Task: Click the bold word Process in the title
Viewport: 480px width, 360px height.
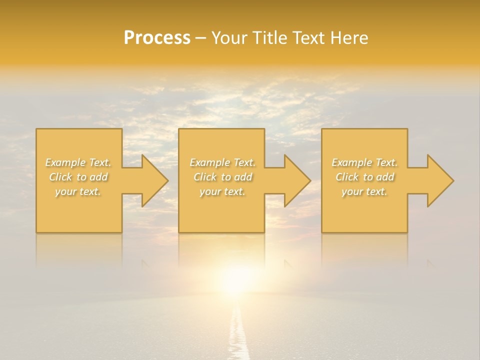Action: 157,38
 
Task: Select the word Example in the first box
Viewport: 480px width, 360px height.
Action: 65,162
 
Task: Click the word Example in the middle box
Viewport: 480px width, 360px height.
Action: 209,162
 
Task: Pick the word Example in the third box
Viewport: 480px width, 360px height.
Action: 351,162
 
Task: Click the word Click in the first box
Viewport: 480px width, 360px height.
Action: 60,177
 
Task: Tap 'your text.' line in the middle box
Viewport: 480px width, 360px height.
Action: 222,191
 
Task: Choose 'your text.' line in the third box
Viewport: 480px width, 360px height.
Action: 364,191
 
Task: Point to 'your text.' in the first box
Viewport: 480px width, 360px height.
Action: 78,191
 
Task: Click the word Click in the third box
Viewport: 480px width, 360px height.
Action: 347,177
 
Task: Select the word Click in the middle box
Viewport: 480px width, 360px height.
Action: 204,177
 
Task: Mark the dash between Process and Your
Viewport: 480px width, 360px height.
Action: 201,38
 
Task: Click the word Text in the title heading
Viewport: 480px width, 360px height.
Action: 308,38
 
